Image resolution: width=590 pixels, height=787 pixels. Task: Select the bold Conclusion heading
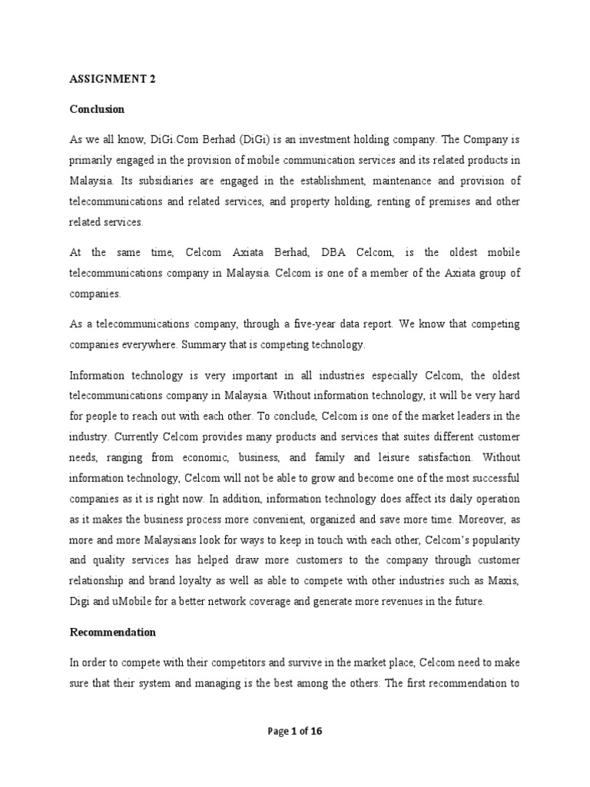click(x=97, y=109)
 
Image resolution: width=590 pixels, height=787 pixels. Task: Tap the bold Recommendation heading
click(x=113, y=633)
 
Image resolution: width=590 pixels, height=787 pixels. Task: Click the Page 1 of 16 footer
click(x=295, y=732)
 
